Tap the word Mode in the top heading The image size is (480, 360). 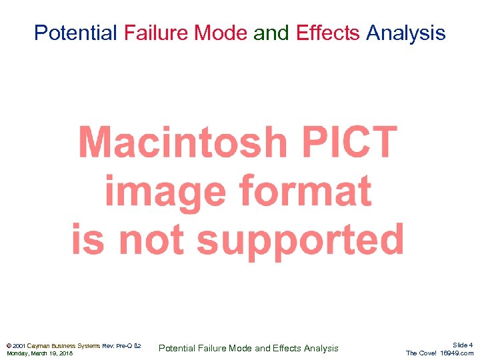pyautogui.click(x=227, y=33)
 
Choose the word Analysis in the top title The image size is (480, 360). pyautogui.click(x=406, y=33)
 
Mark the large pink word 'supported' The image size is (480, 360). pyautogui.click(x=300, y=239)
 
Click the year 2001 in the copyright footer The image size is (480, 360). pyautogui.click(x=19, y=346)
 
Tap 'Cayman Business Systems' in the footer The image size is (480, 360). pyautogui.click(x=64, y=346)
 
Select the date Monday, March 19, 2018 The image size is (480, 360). pyautogui.click(x=39, y=353)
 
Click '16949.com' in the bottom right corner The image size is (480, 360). pyautogui.click(x=457, y=353)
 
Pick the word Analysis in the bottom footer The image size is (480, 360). pyautogui.click(x=321, y=348)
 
